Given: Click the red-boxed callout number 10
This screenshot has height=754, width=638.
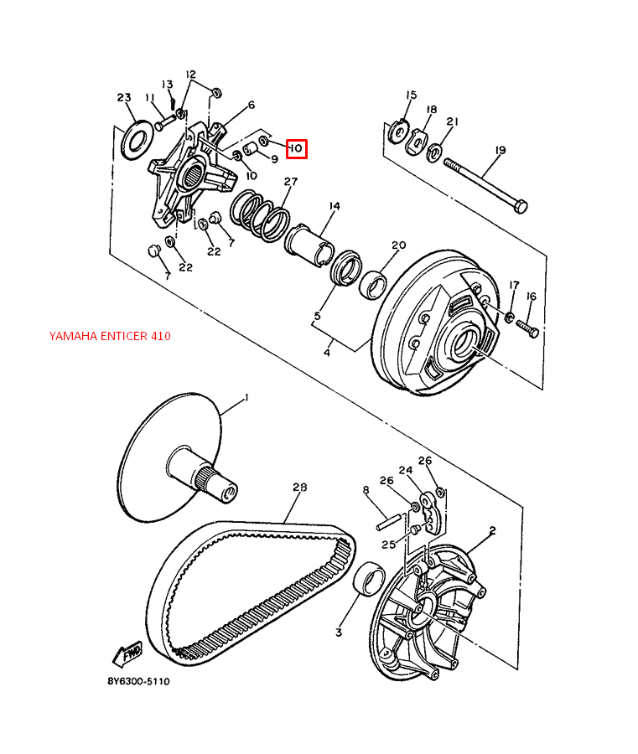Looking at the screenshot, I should [295, 149].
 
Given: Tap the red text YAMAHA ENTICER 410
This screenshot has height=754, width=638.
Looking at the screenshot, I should [110, 336].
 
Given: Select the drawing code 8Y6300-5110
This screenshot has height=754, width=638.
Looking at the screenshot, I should [138, 682].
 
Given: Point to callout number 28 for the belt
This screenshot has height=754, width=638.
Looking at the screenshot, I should [300, 488].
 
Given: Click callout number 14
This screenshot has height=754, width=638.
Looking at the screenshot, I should [334, 206].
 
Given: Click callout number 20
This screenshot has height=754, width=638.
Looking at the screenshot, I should [398, 245].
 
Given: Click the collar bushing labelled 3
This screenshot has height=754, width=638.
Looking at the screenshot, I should [369, 581].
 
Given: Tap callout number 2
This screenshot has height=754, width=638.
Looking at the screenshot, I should [492, 530].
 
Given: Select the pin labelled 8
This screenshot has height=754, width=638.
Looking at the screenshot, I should [391, 519].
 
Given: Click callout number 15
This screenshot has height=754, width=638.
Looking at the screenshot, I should [412, 95].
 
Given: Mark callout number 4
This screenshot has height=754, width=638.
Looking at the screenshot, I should [327, 353].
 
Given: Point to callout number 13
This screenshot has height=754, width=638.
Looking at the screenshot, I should [168, 85].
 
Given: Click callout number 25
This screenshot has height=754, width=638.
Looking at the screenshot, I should [389, 545].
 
